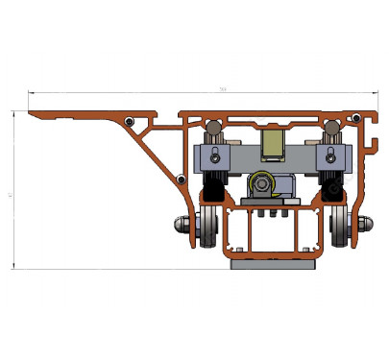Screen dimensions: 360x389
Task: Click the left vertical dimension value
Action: click(9, 193)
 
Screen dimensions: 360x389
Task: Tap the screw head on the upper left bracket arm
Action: click(130, 121)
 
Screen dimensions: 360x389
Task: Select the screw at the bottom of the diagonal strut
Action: click(181, 180)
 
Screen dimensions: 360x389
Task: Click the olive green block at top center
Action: click(273, 144)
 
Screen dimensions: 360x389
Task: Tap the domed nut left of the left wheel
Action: click(184, 225)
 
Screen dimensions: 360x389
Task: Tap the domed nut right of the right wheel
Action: click(362, 225)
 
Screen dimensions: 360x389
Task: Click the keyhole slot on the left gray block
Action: click(219, 155)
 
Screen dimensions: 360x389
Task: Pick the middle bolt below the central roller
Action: click(273, 217)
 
